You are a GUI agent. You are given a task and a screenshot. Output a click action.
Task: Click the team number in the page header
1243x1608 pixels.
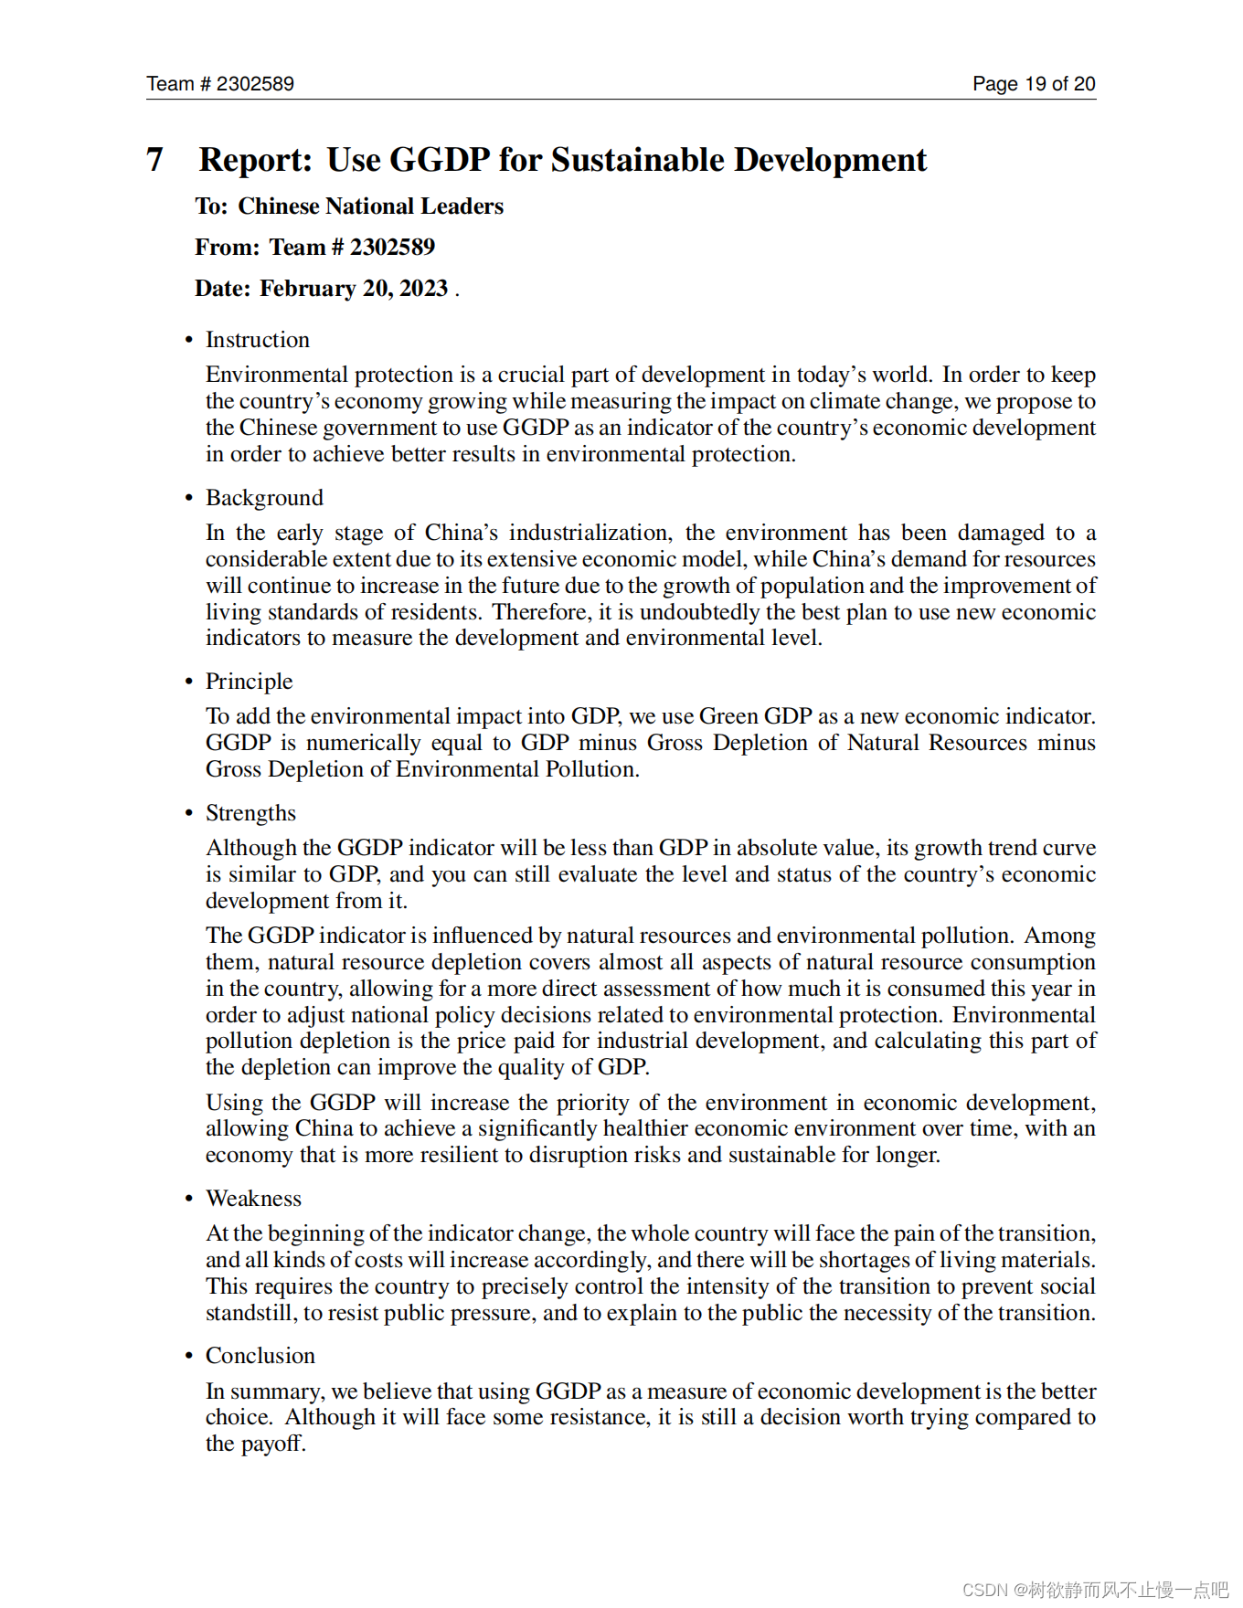(x=255, y=84)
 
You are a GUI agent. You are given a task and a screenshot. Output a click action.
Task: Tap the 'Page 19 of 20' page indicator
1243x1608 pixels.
(x=1033, y=84)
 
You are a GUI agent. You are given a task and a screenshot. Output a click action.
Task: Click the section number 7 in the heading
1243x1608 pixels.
(x=154, y=160)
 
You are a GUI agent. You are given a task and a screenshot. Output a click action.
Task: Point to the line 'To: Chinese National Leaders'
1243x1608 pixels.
(x=349, y=206)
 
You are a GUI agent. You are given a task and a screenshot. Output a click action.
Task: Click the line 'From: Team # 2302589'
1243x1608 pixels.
(x=314, y=248)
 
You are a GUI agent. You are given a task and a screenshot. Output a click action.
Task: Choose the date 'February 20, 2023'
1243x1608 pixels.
(x=354, y=289)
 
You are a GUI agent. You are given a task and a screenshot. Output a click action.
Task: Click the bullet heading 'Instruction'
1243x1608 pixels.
(x=257, y=340)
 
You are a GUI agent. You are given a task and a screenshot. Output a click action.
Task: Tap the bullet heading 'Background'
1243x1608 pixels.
(x=264, y=498)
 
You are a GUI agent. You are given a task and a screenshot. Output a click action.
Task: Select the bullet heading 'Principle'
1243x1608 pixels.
(x=249, y=682)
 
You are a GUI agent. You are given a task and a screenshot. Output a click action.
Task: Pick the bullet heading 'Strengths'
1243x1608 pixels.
(x=250, y=813)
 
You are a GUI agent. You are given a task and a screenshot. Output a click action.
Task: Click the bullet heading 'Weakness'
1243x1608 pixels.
(x=253, y=1199)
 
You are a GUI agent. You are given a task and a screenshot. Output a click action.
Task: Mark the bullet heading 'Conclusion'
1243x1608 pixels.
(x=260, y=1356)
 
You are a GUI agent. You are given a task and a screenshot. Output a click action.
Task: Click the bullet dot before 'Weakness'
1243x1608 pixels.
(x=189, y=1199)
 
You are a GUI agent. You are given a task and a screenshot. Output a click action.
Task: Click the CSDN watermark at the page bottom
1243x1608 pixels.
(x=1094, y=1590)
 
